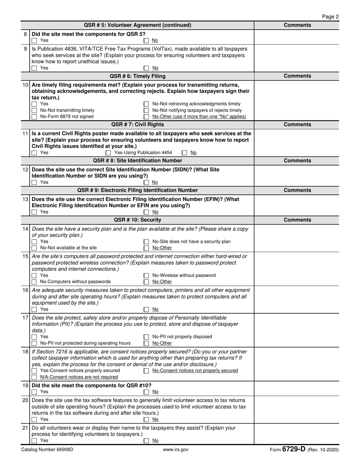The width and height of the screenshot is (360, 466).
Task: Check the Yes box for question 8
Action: click(x=34, y=41)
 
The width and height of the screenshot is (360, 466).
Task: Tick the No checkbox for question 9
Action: click(x=146, y=68)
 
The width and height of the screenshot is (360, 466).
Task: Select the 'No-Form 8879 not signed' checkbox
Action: click(x=34, y=117)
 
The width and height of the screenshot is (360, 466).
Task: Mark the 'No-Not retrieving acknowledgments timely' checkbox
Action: click(x=146, y=104)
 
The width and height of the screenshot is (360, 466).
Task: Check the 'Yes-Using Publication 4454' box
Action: click(x=108, y=153)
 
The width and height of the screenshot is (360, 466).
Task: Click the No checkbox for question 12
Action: click(x=146, y=183)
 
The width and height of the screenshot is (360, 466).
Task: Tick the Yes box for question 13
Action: click(x=34, y=212)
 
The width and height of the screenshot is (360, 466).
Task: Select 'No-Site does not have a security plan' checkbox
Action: click(x=146, y=242)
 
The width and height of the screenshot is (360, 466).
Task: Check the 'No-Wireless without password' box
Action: click(x=146, y=276)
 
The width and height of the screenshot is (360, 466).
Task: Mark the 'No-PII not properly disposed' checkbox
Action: click(x=146, y=337)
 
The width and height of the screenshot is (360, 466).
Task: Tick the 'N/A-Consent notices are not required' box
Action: click(x=34, y=377)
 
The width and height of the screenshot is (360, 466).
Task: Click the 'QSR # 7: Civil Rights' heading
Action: click(x=138, y=124)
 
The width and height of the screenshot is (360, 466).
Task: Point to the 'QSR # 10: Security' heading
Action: click(x=138, y=220)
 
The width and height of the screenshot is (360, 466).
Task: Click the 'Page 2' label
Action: click(x=330, y=17)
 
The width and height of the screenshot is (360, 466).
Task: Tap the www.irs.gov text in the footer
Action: click(x=175, y=450)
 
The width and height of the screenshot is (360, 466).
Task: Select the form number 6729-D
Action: click(x=294, y=449)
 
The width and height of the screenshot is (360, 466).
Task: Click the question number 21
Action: click(x=25, y=428)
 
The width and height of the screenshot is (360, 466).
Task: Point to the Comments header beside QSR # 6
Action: click(x=297, y=76)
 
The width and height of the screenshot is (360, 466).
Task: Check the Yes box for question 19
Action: click(x=34, y=392)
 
